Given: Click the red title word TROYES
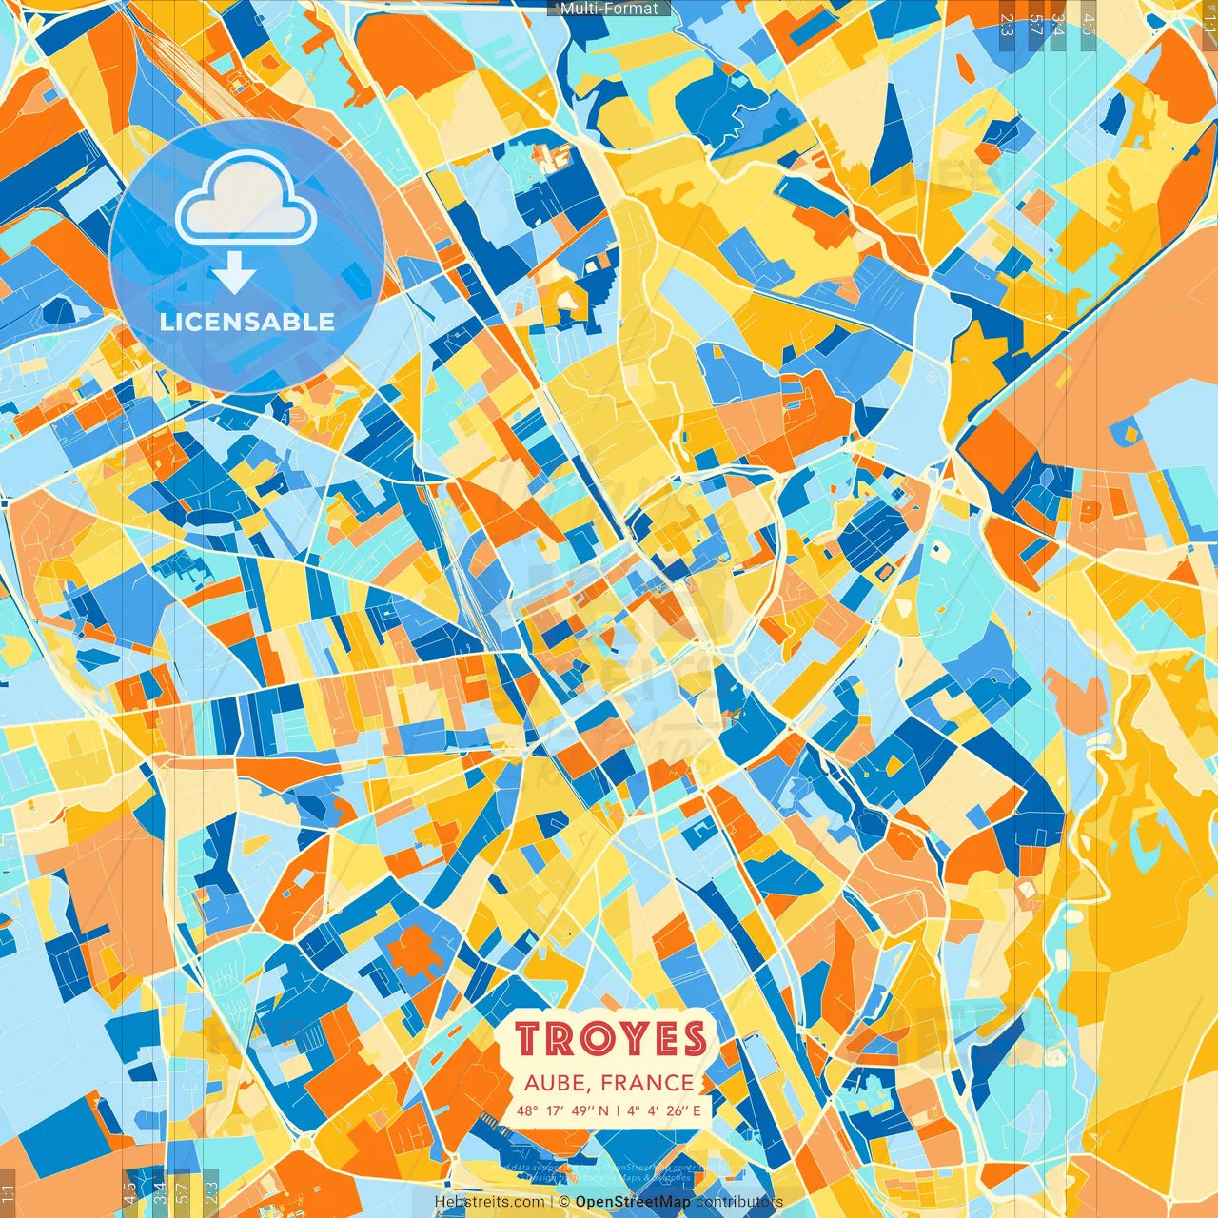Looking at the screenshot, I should (x=612, y=1040).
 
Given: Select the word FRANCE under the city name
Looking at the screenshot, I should (x=647, y=1083).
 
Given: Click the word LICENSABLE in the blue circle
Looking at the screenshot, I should (x=247, y=322).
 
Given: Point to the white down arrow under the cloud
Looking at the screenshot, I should (x=234, y=272).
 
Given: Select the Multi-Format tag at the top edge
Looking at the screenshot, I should (x=609, y=9).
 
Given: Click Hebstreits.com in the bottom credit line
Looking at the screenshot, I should (x=488, y=1202).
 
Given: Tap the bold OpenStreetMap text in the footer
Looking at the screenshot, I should (x=633, y=1202).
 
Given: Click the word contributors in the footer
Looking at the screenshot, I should (x=739, y=1202).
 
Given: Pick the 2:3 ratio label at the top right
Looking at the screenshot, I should (x=1007, y=24).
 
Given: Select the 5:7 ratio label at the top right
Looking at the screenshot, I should (x=1034, y=24).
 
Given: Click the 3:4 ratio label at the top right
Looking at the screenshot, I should (x=1059, y=24).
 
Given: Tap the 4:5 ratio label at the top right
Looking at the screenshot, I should (x=1088, y=24).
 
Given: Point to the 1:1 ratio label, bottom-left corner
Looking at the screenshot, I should (x=9, y=1193).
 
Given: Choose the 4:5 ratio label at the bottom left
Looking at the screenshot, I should (x=129, y=1193).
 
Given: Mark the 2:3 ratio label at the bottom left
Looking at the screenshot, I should (x=211, y=1193).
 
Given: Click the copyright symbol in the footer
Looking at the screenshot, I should (x=564, y=1202).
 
